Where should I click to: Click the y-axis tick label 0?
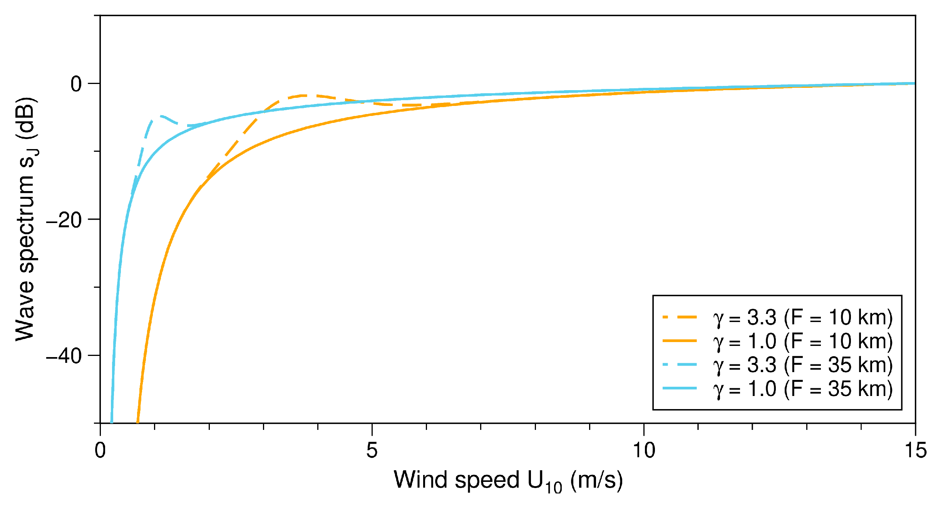tap(76, 84)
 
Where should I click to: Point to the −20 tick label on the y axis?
tap(64, 220)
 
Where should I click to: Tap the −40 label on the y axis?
tap(64, 356)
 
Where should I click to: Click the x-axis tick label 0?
tap(100, 450)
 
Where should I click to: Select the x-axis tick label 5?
tap(372, 450)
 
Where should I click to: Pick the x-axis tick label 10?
tap(644, 450)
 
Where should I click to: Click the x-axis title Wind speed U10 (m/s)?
tap(508, 481)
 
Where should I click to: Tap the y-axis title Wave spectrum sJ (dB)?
tap(26, 220)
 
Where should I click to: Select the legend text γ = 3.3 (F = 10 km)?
tap(803, 318)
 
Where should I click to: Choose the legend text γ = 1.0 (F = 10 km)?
tap(803, 341)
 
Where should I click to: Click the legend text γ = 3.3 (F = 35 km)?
tap(803, 365)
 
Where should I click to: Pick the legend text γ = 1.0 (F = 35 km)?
tap(803, 389)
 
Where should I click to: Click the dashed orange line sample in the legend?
tap(680, 317)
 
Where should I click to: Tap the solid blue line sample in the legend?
tap(680, 388)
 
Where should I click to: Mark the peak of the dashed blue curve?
tap(161, 116)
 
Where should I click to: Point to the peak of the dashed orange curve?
tap(303, 95)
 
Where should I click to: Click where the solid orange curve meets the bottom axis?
tap(137, 423)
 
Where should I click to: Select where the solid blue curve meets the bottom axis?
tap(112, 423)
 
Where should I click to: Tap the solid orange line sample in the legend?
tap(680, 341)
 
